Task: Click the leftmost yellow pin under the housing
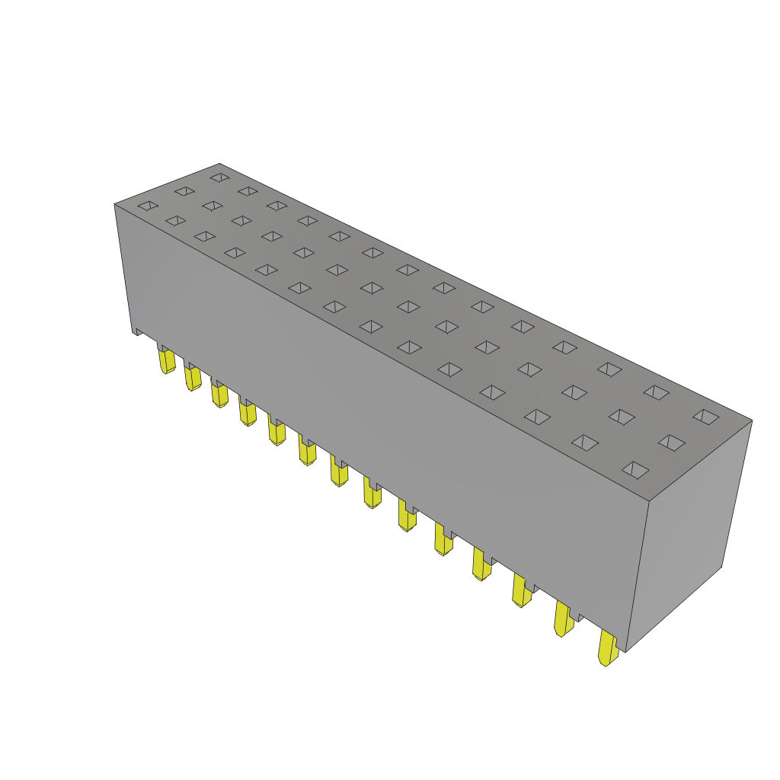click(167, 361)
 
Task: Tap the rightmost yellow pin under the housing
click(607, 648)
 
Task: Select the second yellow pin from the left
click(193, 378)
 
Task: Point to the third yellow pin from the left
click(219, 395)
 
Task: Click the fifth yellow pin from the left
click(277, 433)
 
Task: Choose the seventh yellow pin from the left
click(339, 473)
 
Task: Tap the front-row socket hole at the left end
click(148, 206)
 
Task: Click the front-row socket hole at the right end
click(635, 470)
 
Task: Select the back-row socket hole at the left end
click(220, 177)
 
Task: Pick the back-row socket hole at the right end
click(706, 417)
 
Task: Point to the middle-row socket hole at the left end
click(184, 191)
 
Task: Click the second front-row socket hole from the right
click(585, 443)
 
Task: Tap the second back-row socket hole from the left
click(248, 191)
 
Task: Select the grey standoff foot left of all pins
click(138, 331)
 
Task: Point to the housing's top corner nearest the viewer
click(649, 501)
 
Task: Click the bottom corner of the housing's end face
click(626, 652)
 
